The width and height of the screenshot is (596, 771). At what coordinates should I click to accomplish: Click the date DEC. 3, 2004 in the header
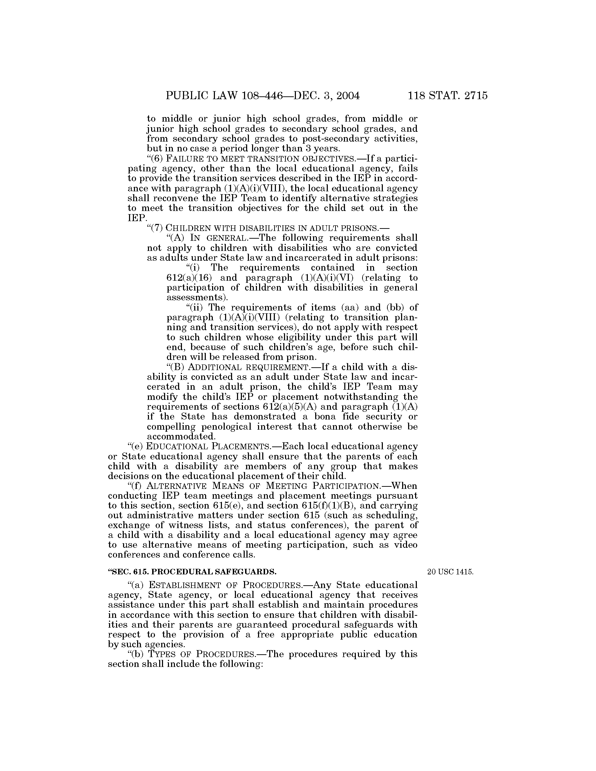321,96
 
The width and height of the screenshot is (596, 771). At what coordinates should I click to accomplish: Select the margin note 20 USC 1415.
450,572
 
